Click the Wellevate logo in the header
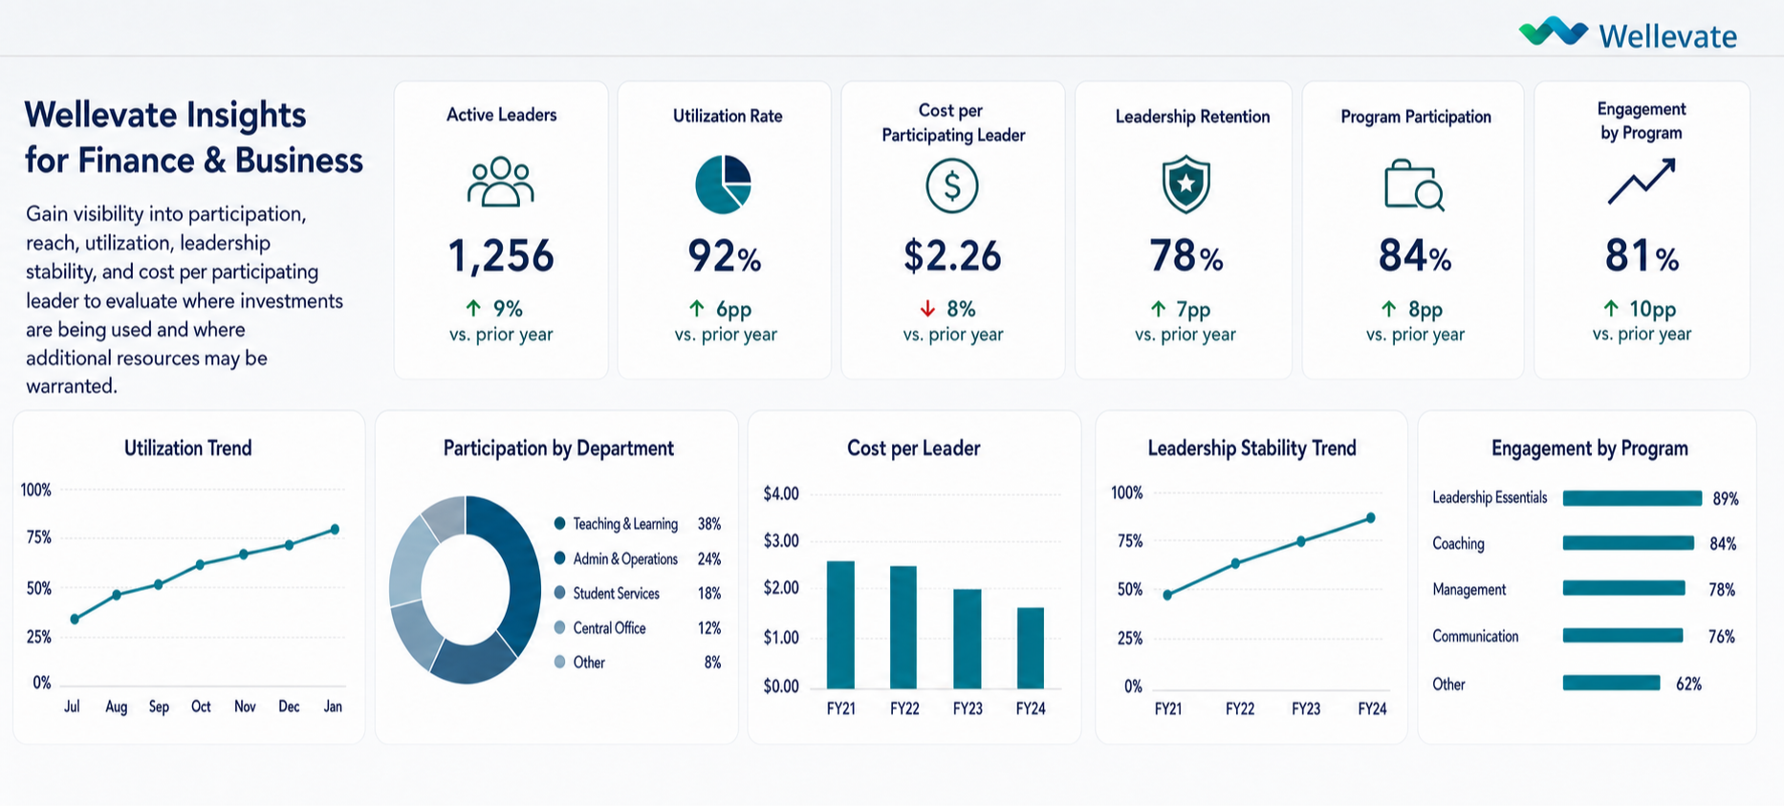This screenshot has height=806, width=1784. coord(1627,33)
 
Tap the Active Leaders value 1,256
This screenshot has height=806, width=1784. coord(501,256)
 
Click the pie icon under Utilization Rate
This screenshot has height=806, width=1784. coord(723,185)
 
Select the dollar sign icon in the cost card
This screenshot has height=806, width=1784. coord(951,185)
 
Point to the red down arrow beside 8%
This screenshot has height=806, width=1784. coord(926,309)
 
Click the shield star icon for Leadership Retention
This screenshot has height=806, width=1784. coord(1186,184)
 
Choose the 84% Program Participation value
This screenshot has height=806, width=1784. coord(1415,256)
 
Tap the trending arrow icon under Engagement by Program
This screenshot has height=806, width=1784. coord(1642,182)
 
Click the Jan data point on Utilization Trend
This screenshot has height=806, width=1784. coord(335,529)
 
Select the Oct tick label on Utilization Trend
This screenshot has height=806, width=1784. coord(201,707)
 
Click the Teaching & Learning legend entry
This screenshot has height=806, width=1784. coord(616,524)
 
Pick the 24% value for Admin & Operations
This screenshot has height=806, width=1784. coord(708,558)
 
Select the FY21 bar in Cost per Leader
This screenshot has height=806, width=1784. coord(840,624)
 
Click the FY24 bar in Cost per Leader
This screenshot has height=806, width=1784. coord(1031,647)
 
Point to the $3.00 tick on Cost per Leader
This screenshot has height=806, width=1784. coord(781,540)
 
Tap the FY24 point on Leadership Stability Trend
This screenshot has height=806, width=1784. coord(1371,517)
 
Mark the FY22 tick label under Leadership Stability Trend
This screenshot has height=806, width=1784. coord(1240,708)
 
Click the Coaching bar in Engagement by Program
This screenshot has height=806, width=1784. coord(1628,543)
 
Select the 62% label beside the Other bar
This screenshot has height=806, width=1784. coord(1688,684)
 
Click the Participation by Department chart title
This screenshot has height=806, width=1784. coord(558,448)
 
